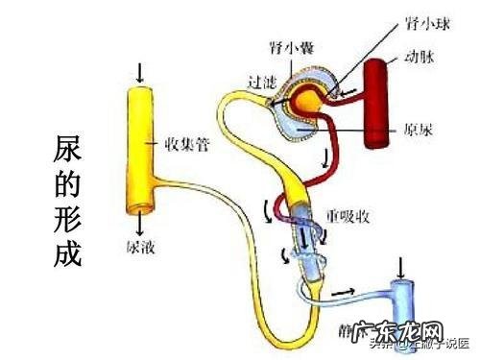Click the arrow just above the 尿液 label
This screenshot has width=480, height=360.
[140, 225]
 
